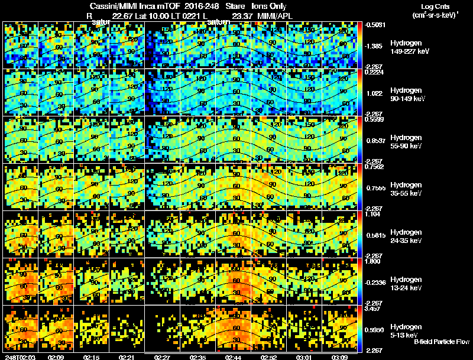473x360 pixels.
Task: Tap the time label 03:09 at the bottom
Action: (x=339, y=356)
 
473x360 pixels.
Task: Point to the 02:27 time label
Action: (x=162, y=356)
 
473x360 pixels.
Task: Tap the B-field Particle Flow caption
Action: (x=442, y=342)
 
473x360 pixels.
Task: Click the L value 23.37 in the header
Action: (x=242, y=15)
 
